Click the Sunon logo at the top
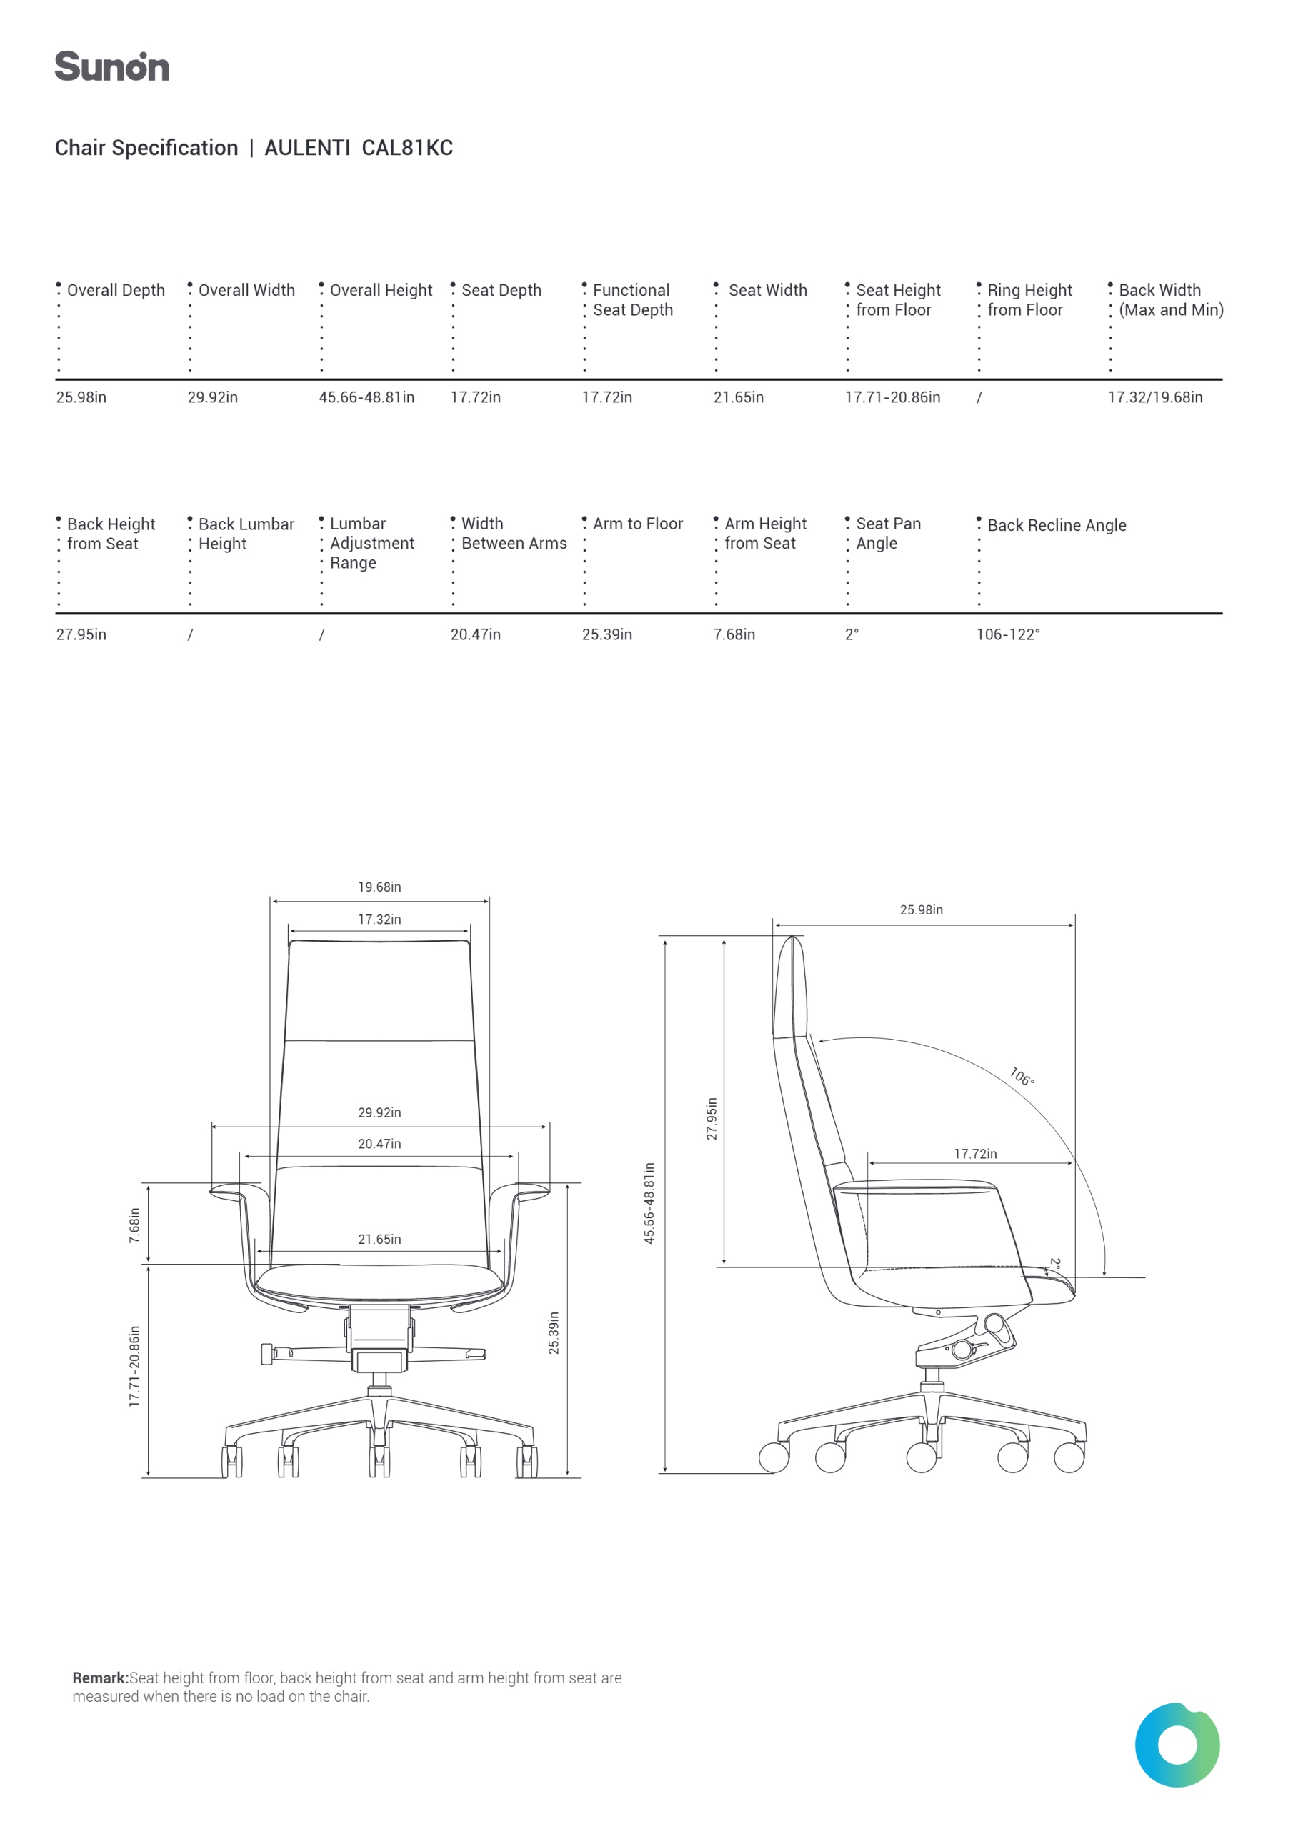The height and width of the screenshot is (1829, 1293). pos(111,66)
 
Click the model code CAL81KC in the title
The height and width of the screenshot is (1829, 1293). pos(407,148)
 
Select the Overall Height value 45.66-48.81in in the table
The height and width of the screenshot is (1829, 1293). pos(366,397)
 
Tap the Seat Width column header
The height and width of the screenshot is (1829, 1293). pos(768,290)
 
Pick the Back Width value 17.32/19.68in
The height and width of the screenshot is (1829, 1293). pos(1155,397)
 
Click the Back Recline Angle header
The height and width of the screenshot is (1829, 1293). pos(1057,525)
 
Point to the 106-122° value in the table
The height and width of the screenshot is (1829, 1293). pos(1008,634)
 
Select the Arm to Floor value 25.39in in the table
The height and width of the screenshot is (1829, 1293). pos(607,634)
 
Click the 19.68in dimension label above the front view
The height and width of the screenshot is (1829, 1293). pos(379,887)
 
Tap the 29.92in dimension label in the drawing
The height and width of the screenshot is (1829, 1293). pos(379,1112)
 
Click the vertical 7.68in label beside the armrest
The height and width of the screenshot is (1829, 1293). pos(134,1225)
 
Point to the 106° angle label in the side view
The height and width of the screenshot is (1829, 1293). pos(1022,1076)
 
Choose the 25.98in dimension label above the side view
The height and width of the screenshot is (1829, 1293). pos(921,909)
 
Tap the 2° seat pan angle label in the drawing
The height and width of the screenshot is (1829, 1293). pos(1055,1263)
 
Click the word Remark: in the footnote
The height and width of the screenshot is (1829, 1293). pos(101,1678)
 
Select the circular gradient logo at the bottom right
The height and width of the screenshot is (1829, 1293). pos(1177,1745)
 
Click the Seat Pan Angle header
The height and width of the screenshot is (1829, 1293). pos(888,533)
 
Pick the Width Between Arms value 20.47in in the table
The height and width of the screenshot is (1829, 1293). pos(476,634)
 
